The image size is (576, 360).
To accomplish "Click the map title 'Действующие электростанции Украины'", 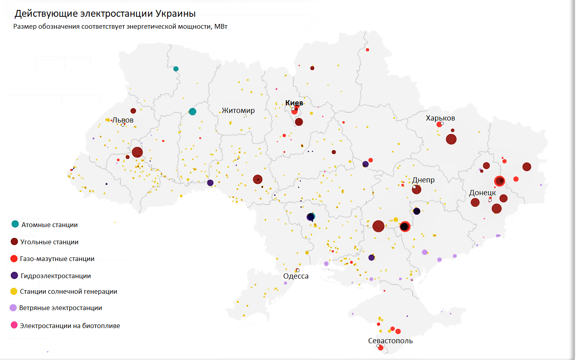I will point(105,14).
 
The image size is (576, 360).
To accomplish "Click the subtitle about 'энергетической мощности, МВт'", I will point(120,27).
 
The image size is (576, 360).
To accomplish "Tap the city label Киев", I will point(294,103).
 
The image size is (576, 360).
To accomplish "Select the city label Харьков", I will point(440,118).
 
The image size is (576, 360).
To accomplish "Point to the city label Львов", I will point(123,120).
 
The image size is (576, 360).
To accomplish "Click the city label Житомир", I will point(238,111).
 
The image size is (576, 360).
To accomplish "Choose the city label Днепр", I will point(423,180).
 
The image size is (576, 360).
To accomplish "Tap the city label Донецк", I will point(482,193).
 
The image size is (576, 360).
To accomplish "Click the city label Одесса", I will point(296,276).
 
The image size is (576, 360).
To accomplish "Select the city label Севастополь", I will point(390,341).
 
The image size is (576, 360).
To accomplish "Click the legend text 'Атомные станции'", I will point(49,225).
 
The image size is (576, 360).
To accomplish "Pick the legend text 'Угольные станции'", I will point(49,242).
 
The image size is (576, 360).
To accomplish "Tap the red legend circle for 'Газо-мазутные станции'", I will point(14,259).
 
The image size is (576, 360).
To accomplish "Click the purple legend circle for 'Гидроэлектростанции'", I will point(14,275).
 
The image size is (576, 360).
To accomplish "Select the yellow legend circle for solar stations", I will point(14,291).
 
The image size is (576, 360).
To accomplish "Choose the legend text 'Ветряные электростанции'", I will point(61,308).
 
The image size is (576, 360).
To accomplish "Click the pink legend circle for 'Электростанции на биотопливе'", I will point(14,325).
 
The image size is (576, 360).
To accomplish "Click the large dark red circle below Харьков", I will point(451,139).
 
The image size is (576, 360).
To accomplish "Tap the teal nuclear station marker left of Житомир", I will point(192,112).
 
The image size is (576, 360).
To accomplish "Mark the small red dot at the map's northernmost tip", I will point(367,50).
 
